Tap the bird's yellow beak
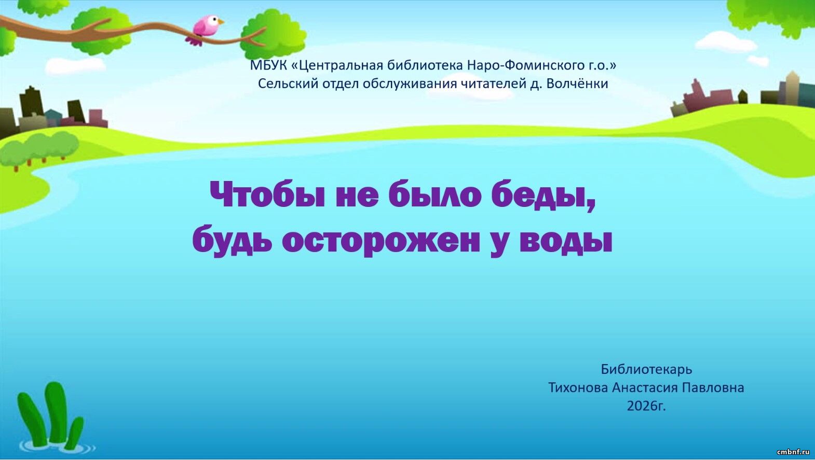click(221, 22)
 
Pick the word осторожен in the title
click(381, 240)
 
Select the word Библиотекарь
click(646, 370)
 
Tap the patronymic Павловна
click(713, 388)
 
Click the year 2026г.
click(646, 406)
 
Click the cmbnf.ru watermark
click(793, 452)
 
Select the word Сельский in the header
click(284, 84)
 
